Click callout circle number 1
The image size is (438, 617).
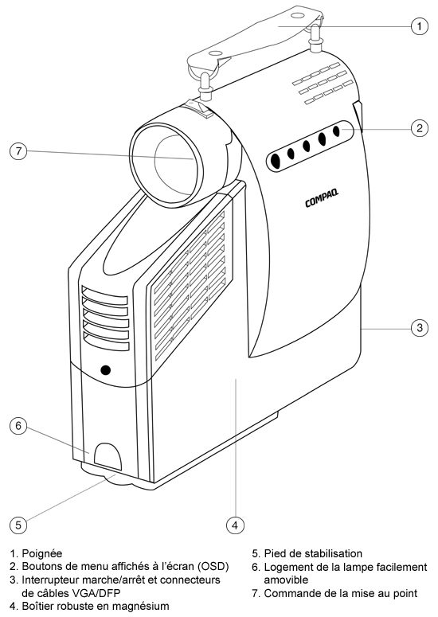(x=420, y=26)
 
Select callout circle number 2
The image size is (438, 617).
(x=420, y=128)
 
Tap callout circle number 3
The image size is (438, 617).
(x=420, y=327)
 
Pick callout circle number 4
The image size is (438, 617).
(x=235, y=525)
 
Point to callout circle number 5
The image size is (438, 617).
(x=18, y=525)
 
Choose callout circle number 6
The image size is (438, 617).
(x=18, y=426)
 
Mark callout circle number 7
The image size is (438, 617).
(x=18, y=150)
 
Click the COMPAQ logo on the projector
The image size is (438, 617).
(x=322, y=198)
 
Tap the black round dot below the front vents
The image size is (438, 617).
(x=105, y=370)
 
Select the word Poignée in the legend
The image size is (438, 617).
(x=42, y=554)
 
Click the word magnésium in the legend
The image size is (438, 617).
(x=142, y=607)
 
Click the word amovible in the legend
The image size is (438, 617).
(x=286, y=580)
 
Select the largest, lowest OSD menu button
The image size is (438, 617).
(x=275, y=161)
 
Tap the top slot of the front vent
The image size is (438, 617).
(x=104, y=295)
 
